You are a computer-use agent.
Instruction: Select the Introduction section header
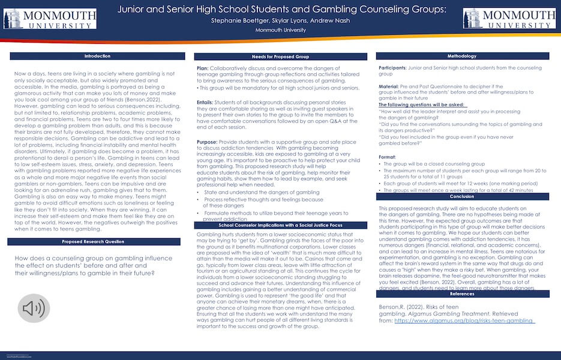[97, 56]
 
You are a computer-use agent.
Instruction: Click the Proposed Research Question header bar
[97, 241]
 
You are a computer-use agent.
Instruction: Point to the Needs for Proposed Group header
[280, 56]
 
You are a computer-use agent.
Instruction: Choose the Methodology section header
[461, 56]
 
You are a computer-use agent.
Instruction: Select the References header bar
[461, 294]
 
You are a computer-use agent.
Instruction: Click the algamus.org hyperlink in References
[463, 321]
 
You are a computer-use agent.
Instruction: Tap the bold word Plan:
[203, 68]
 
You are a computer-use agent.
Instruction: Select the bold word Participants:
[393, 68]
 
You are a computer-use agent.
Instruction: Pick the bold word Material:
[390, 86]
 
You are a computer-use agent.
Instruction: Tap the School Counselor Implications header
[280, 225]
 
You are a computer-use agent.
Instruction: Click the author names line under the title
[280, 20]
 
